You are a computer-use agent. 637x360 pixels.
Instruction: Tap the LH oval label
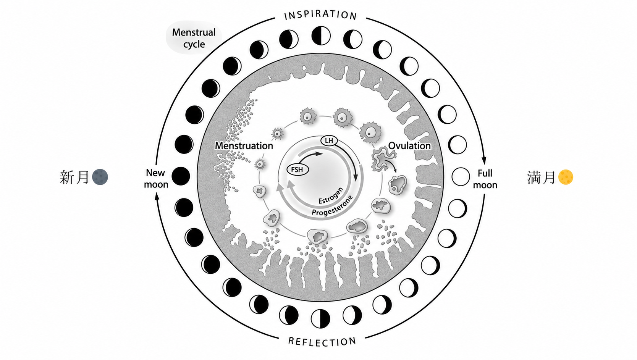click(x=329, y=140)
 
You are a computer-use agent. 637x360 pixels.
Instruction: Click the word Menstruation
click(x=244, y=145)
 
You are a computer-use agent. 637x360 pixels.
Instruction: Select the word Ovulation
click(x=409, y=145)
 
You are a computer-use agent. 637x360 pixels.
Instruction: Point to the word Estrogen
click(x=331, y=196)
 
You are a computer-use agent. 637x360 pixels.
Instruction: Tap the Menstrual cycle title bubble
click(x=194, y=38)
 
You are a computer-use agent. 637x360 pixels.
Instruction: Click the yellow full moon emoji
click(x=566, y=177)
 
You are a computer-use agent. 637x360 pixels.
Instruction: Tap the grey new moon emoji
click(x=100, y=177)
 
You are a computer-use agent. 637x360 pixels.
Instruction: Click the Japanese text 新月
click(x=74, y=177)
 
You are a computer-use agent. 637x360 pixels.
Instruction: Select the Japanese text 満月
click(x=541, y=177)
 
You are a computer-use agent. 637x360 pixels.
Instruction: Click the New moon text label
click(x=156, y=179)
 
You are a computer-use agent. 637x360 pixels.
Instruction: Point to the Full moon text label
click(x=485, y=179)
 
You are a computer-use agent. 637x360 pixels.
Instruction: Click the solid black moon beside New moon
click(x=181, y=176)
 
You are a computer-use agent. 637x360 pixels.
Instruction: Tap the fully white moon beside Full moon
click(x=461, y=177)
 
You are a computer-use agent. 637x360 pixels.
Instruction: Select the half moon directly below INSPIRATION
click(x=321, y=36)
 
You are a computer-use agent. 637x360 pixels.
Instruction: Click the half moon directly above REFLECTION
click(x=320, y=319)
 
